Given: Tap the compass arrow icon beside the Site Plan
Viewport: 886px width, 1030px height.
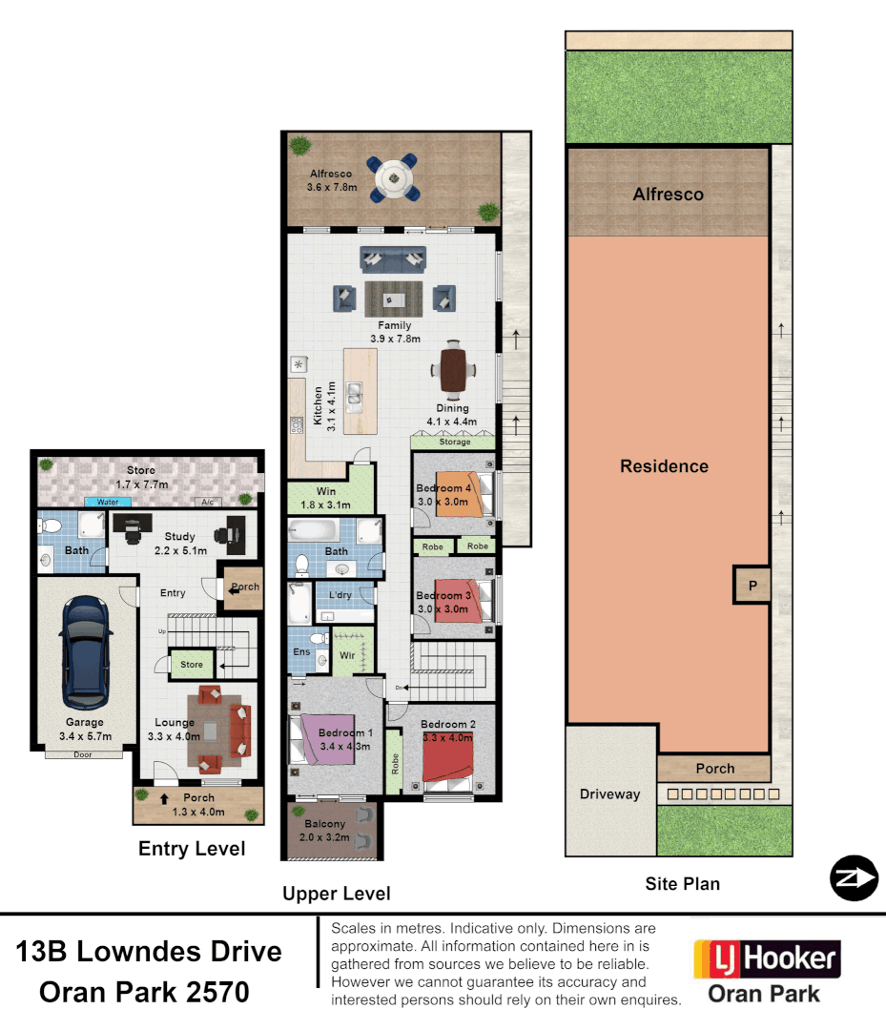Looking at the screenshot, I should pyautogui.click(x=853, y=878).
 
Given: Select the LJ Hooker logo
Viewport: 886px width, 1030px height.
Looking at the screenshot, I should pyautogui.click(x=767, y=959).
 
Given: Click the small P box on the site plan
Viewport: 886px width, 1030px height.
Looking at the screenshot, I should pyautogui.click(x=752, y=586).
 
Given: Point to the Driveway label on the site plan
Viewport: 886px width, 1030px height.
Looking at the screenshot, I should pyautogui.click(x=609, y=793).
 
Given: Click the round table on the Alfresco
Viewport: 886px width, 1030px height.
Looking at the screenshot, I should pyautogui.click(x=393, y=176).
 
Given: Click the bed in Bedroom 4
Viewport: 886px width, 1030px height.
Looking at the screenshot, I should pyautogui.click(x=461, y=494).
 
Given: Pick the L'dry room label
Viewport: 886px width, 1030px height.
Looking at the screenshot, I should pyautogui.click(x=340, y=596).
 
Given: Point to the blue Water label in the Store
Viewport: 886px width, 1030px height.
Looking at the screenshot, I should pyautogui.click(x=108, y=502).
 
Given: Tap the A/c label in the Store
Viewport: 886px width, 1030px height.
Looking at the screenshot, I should pyautogui.click(x=206, y=502).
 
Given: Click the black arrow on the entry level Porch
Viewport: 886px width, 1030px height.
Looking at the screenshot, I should pyautogui.click(x=164, y=798).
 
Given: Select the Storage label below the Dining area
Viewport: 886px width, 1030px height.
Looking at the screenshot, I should pyautogui.click(x=455, y=443).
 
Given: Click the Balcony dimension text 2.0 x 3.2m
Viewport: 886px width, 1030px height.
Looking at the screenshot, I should pyautogui.click(x=324, y=838).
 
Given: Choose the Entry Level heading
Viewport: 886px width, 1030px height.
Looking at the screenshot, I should pyautogui.click(x=192, y=849).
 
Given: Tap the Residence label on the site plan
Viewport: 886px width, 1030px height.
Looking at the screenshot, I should pyautogui.click(x=664, y=466).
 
